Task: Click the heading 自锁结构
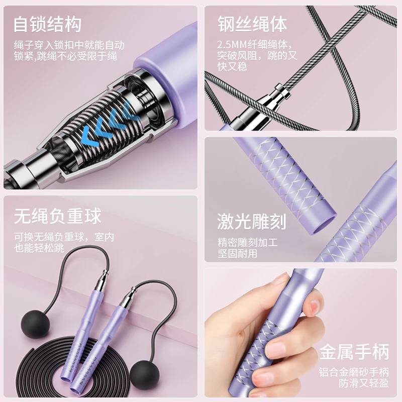(47, 24)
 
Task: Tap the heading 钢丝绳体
(252, 24)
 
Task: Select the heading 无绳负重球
(57, 216)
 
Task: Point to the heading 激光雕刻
(252, 222)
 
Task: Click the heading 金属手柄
(354, 352)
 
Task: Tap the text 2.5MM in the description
(232, 45)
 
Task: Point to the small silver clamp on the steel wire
(282, 91)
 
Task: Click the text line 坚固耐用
(237, 254)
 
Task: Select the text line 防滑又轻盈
(364, 383)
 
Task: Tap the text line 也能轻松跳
(39, 248)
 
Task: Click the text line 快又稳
(232, 67)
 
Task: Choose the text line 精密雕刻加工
(247, 242)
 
